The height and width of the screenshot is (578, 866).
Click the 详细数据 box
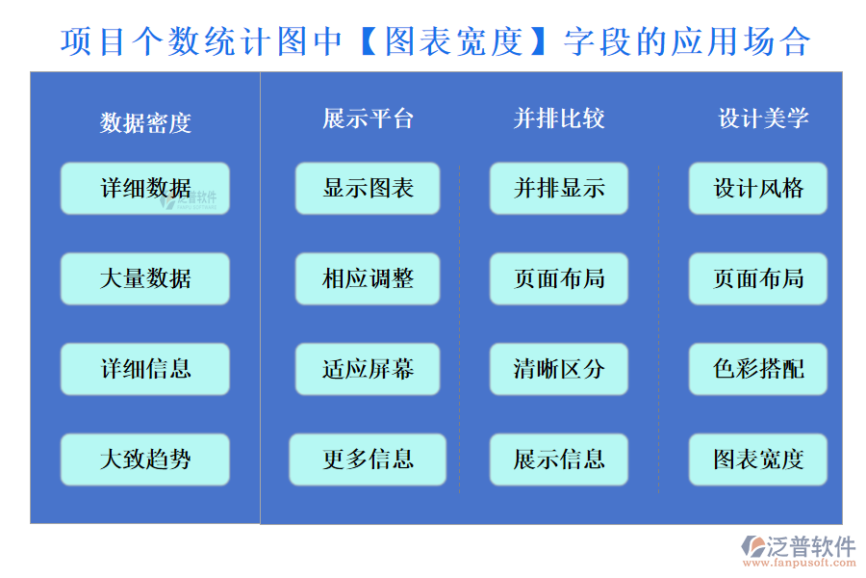click(145, 188)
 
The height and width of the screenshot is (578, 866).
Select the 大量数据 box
click(145, 278)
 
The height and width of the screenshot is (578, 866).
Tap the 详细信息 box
click(145, 369)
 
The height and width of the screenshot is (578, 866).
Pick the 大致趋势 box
click(145, 460)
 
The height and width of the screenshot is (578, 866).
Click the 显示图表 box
click(368, 188)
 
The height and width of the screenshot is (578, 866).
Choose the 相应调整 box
click(368, 278)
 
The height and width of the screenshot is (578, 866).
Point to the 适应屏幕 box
click(368, 369)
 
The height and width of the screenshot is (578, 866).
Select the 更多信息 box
click(368, 460)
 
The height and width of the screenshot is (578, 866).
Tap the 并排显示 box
click(559, 188)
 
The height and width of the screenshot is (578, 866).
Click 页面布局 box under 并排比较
click(559, 278)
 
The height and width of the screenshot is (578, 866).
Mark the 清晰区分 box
click(559, 369)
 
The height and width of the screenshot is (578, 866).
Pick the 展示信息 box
click(559, 460)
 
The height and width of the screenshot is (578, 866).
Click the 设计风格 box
click(758, 188)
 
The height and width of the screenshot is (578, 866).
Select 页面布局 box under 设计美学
click(758, 278)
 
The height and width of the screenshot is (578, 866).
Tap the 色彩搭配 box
click(758, 369)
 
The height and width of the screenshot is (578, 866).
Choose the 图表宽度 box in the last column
click(758, 460)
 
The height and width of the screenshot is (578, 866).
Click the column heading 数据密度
click(145, 122)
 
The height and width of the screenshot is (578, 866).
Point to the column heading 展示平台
click(368, 118)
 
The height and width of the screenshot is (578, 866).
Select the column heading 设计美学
click(763, 118)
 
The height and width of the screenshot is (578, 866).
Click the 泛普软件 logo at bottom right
click(798, 551)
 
